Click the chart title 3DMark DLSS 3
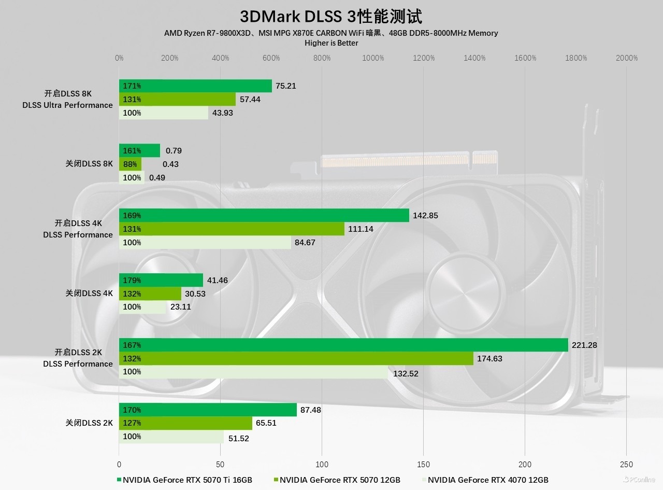[x=331, y=16]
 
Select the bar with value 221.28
[x=343, y=345]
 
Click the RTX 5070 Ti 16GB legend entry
[x=184, y=480]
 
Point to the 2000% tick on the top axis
[x=627, y=58]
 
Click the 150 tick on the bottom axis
[x=423, y=464]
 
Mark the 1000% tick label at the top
[x=373, y=58]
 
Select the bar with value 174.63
[x=296, y=358]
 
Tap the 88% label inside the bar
[x=130, y=164]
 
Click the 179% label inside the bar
[x=132, y=281]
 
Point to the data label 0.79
[x=174, y=151]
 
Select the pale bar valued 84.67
[x=205, y=242]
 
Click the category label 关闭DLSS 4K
[x=89, y=293]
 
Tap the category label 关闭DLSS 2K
[x=89, y=423]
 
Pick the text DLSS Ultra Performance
[x=67, y=105]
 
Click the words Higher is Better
[x=331, y=43]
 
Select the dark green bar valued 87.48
[x=208, y=410]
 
